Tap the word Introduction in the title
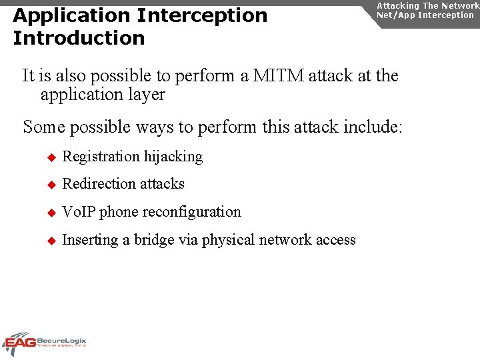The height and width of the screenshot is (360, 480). tap(79, 39)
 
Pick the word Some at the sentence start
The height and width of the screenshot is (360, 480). tap(43, 127)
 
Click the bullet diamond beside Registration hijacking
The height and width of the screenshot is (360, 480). tap(49, 157)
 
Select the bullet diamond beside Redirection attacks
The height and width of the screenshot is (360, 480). tap(49, 185)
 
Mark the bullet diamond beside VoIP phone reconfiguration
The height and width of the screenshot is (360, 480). tap(49, 213)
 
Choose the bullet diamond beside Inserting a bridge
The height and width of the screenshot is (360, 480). tap(49, 241)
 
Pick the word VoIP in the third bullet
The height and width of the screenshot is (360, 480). tap(79, 212)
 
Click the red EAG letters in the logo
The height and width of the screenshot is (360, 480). tap(19, 344)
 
